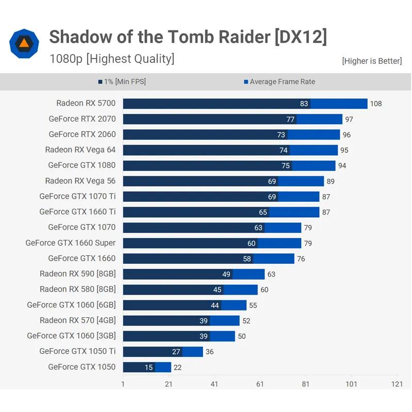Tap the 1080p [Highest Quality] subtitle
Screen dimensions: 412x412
click(x=112, y=59)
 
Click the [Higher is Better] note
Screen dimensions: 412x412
click(x=372, y=61)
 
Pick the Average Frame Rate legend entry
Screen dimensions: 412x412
click(x=279, y=81)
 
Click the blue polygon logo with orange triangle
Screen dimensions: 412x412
click(x=24, y=44)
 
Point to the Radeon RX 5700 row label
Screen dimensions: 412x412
click(x=86, y=103)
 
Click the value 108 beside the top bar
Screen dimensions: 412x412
click(x=376, y=104)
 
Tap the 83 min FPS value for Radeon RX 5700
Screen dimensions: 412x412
click(x=304, y=104)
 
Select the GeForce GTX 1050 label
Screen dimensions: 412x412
click(x=82, y=367)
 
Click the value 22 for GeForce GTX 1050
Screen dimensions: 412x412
click(x=177, y=367)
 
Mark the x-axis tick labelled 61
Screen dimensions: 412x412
click(x=260, y=384)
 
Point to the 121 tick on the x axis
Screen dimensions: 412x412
click(x=397, y=384)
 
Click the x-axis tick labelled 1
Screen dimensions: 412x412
click(x=123, y=384)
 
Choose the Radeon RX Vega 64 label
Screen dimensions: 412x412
click(x=80, y=150)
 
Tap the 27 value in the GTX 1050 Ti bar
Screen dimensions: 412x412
click(x=176, y=352)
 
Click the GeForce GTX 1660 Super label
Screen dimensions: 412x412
click(x=71, y=243)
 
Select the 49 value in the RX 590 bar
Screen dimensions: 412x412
click(x=227, y=274)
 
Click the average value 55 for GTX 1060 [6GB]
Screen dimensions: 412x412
click(x=253, y=305)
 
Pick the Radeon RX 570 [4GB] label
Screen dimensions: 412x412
click(x=78, y=320)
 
